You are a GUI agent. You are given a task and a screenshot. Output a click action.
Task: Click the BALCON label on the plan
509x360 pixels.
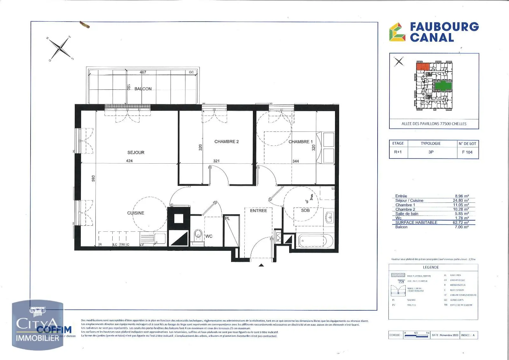143,89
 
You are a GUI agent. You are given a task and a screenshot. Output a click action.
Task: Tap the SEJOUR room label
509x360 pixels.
136,152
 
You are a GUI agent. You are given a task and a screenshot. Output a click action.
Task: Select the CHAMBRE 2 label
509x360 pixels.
227,142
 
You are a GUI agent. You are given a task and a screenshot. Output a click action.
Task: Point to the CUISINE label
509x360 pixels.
136,213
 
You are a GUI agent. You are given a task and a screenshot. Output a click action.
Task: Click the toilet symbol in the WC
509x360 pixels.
198,235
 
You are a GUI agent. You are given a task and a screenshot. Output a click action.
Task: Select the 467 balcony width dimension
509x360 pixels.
143,72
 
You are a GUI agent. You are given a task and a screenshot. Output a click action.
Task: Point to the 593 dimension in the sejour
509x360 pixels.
93,179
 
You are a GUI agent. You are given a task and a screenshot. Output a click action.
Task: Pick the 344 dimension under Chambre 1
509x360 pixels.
296,161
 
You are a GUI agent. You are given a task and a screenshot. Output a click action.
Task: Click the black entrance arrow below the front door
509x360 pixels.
261,265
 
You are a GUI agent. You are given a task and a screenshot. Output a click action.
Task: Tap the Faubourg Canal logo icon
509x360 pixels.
397,32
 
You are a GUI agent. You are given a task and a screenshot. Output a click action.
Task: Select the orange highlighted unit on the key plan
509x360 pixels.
423,67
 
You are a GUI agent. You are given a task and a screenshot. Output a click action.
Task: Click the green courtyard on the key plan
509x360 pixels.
443,86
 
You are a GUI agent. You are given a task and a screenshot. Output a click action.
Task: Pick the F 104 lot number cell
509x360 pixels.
467,152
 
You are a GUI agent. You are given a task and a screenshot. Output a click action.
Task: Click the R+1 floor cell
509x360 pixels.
398,152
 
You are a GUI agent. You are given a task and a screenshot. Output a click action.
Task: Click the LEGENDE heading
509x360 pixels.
431,267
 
